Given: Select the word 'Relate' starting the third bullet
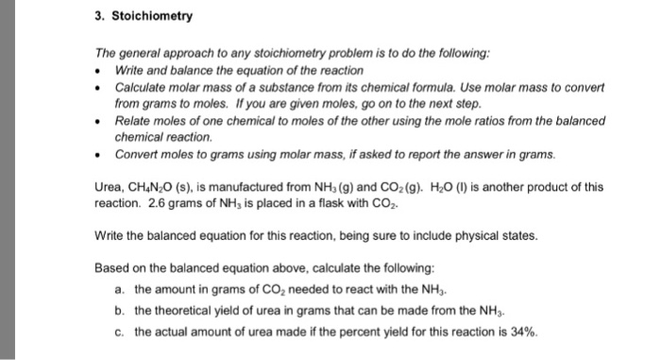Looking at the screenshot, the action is coord(133,120).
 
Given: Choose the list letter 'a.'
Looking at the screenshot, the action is coord(118,283).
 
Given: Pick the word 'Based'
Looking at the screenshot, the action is coord(112,265).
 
